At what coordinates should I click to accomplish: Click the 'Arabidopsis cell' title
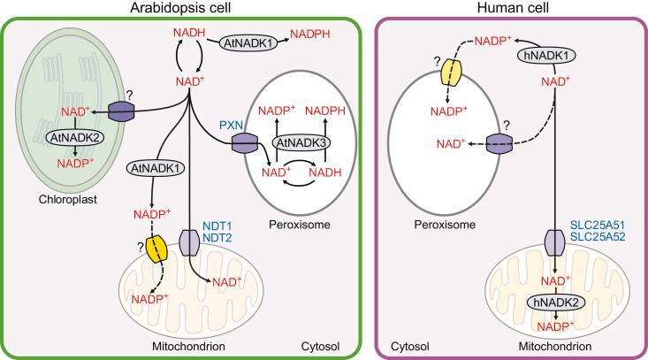coord(183,8)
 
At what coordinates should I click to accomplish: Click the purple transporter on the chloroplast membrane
coord(123,111)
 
